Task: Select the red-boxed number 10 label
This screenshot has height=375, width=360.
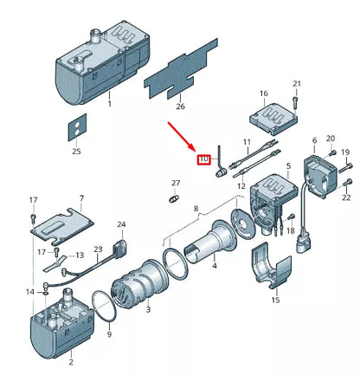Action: tap(205, 158)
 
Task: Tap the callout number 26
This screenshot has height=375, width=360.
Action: tap(179, 107)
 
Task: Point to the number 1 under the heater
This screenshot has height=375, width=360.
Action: tap(110, 103)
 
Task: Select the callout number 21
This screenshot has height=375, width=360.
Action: tap(297, 83)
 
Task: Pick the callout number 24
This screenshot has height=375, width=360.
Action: tap(121, 223)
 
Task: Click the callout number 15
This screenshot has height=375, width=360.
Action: tap(275, 300)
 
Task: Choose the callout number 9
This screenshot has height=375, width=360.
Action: tap(109, 333)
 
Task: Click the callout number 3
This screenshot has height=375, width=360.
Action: tap(148, 309)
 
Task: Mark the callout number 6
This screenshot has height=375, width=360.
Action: tap(313, 140)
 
